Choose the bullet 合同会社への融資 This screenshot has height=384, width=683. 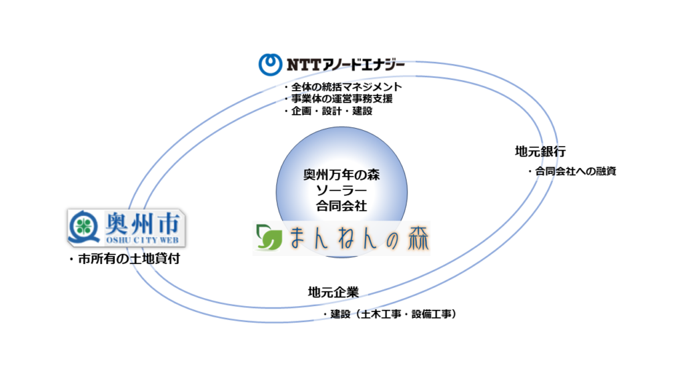[x=572, y=171]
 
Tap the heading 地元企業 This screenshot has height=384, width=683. [x=333, y=292]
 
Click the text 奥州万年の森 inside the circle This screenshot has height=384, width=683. [x=341, y=176]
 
